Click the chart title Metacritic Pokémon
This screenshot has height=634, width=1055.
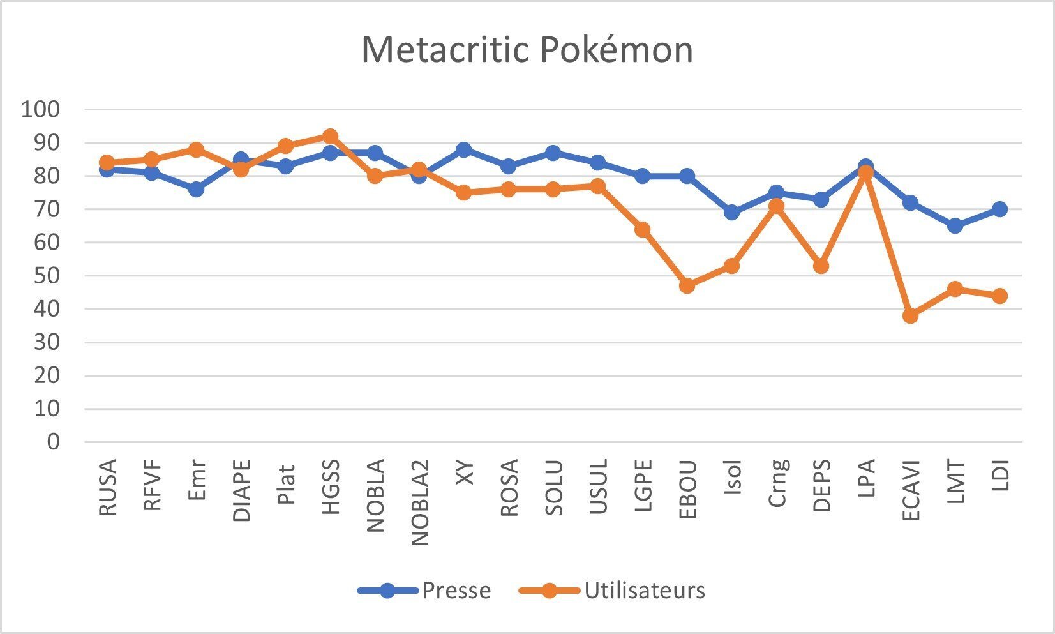(527, 49)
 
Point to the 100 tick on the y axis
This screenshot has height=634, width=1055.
(40, 109)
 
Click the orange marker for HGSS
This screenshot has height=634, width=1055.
(330, 136)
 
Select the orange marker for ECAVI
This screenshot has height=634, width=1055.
(911, 315)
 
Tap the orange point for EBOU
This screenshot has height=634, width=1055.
(687, 285)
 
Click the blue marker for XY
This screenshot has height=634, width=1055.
(464, 150)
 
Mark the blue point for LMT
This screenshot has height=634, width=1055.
(955, 226)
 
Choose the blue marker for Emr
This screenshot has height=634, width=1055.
(196, 189)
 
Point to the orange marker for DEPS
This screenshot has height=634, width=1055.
(821, 266)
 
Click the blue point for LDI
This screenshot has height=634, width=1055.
(1000, 209)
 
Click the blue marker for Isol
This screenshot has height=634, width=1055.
(732, 213)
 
